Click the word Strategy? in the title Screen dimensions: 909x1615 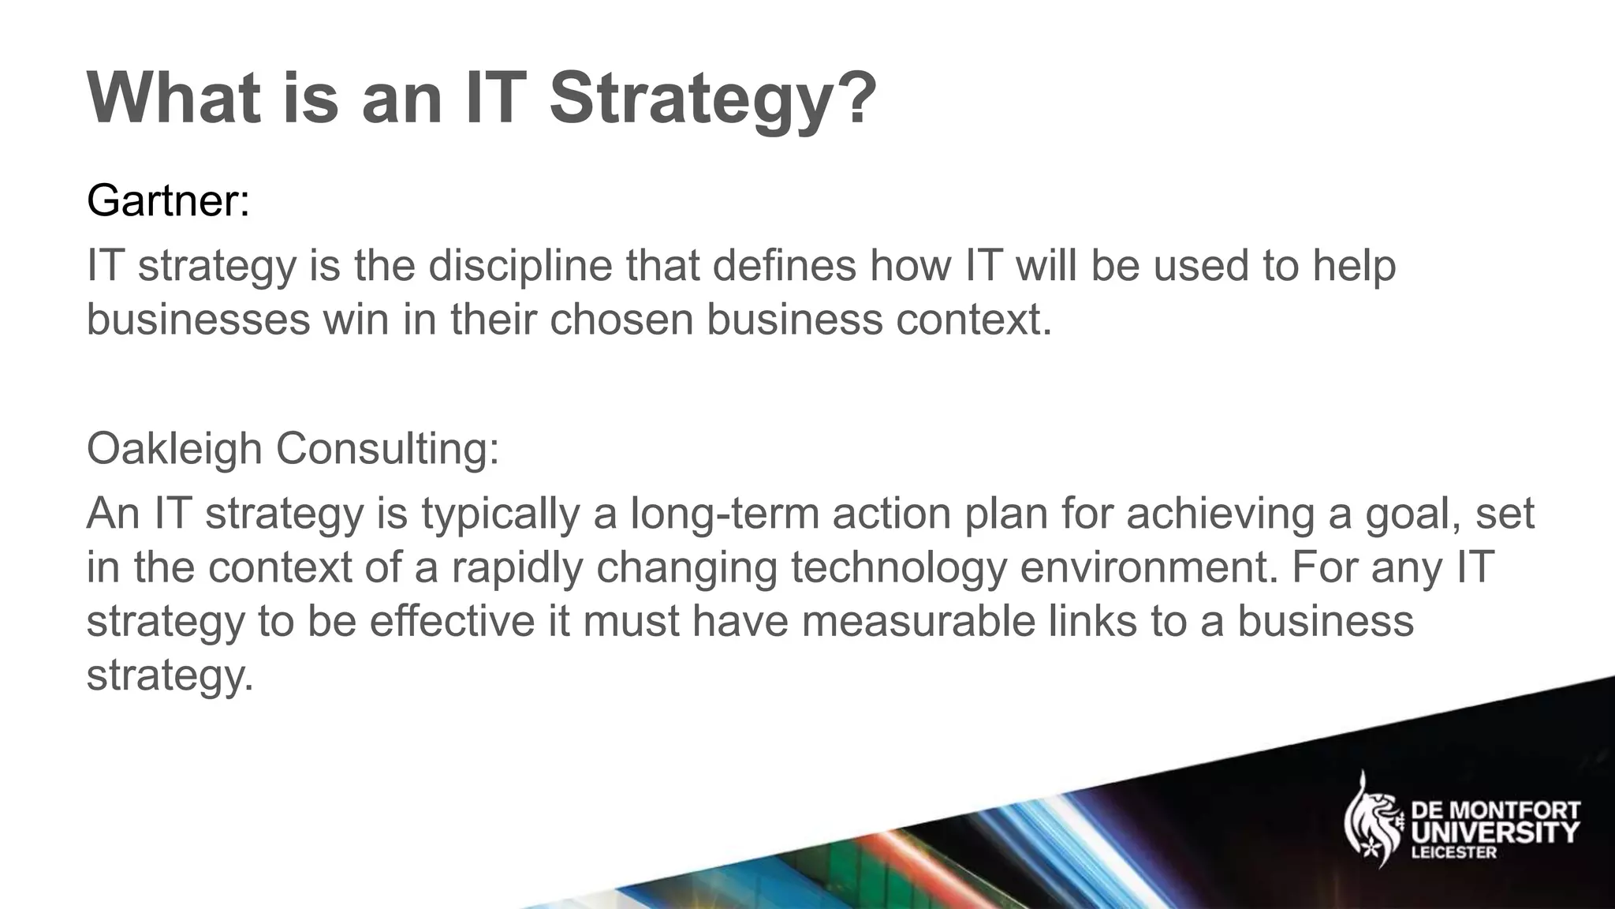coord(712,100)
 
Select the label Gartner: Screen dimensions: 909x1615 coord(168,200)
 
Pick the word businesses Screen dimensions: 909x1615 coord(198,320)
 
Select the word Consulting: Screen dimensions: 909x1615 coord(387,449)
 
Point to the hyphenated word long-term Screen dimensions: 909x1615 coord(723,513)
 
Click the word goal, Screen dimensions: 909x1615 coord(1412,514)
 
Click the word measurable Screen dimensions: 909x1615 coord(919,621)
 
